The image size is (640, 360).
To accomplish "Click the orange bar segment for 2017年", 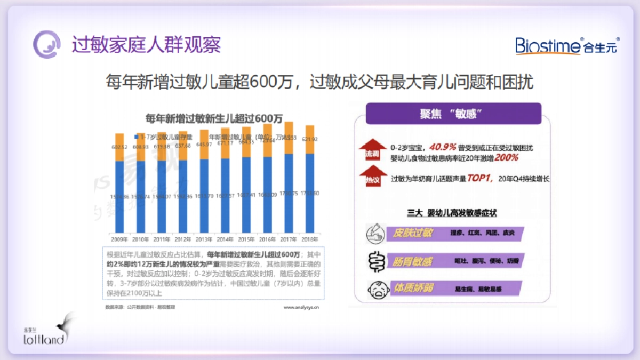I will [x=289, y=138].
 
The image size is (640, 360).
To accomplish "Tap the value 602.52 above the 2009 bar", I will [x=119, y=148].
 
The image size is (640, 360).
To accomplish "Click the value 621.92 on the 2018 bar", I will [x=310, y=139].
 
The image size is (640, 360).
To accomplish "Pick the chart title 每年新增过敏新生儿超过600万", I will [x=214, y=118].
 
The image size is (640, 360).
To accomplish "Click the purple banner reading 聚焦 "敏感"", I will [x=453, y=114].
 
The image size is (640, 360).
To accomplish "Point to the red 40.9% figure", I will [x=443, y=147].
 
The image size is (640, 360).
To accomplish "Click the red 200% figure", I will [x=506, y=158].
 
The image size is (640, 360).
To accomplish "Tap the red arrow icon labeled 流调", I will [x=372, y=150].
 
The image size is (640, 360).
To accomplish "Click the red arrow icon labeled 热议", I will [x=372, y=177].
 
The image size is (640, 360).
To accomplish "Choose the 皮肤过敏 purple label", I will [x=414, y=234].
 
